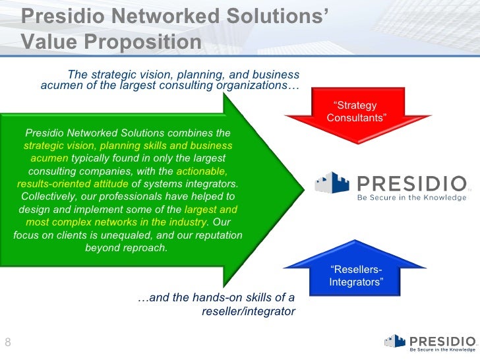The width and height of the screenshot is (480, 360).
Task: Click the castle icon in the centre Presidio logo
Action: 333,183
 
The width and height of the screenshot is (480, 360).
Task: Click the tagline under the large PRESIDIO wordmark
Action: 411,196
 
